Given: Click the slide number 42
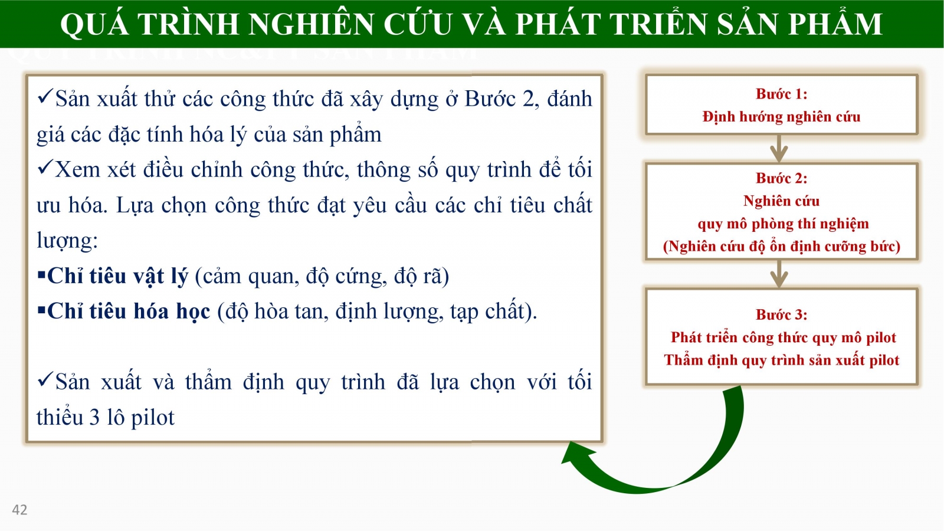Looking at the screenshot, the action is pyautogui.click(x=20, y=510).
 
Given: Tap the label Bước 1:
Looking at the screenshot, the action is pyautogui.click(x=781, y=94).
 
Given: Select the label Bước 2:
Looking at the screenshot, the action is pyautogui.click(x=781, y=178).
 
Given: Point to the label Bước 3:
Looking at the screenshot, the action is pyautogui.click(x=781, y=315).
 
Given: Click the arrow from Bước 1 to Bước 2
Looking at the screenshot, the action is pyautogui.click(x=779, y=148).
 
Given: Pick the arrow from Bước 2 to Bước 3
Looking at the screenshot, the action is pyautogui.click(x=779, y=274).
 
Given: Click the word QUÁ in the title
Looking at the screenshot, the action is pyautogui.click(x=95, y=24).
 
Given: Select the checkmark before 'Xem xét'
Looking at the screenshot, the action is pyautogui.click(x=45, y=168).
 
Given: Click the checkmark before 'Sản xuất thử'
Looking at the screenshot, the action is pyautogui.click(x=45, y=97).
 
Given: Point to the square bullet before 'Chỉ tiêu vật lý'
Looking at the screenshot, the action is pyautogui.click(x=41, y=276).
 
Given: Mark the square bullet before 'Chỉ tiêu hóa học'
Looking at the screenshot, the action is pyautogui.click(x=41, y=311).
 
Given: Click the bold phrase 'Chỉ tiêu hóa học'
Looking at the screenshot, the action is pyautogui.click(x=129, y=312).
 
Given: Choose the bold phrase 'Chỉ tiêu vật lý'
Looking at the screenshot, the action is pyautogui.click(x=117, y=277).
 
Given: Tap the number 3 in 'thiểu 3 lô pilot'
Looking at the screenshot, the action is pyautogui.click(x=94, y=418).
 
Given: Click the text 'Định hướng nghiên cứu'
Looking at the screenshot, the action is pyautogui.click(x=781, y=117).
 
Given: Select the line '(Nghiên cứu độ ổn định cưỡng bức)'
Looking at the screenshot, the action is pyautogui.click(x=781, y=247).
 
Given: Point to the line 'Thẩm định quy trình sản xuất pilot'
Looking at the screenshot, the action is pyautogui.click(x=781, y=360).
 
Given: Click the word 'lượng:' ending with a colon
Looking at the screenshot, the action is pyautogui.click(x=67, y=241).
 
